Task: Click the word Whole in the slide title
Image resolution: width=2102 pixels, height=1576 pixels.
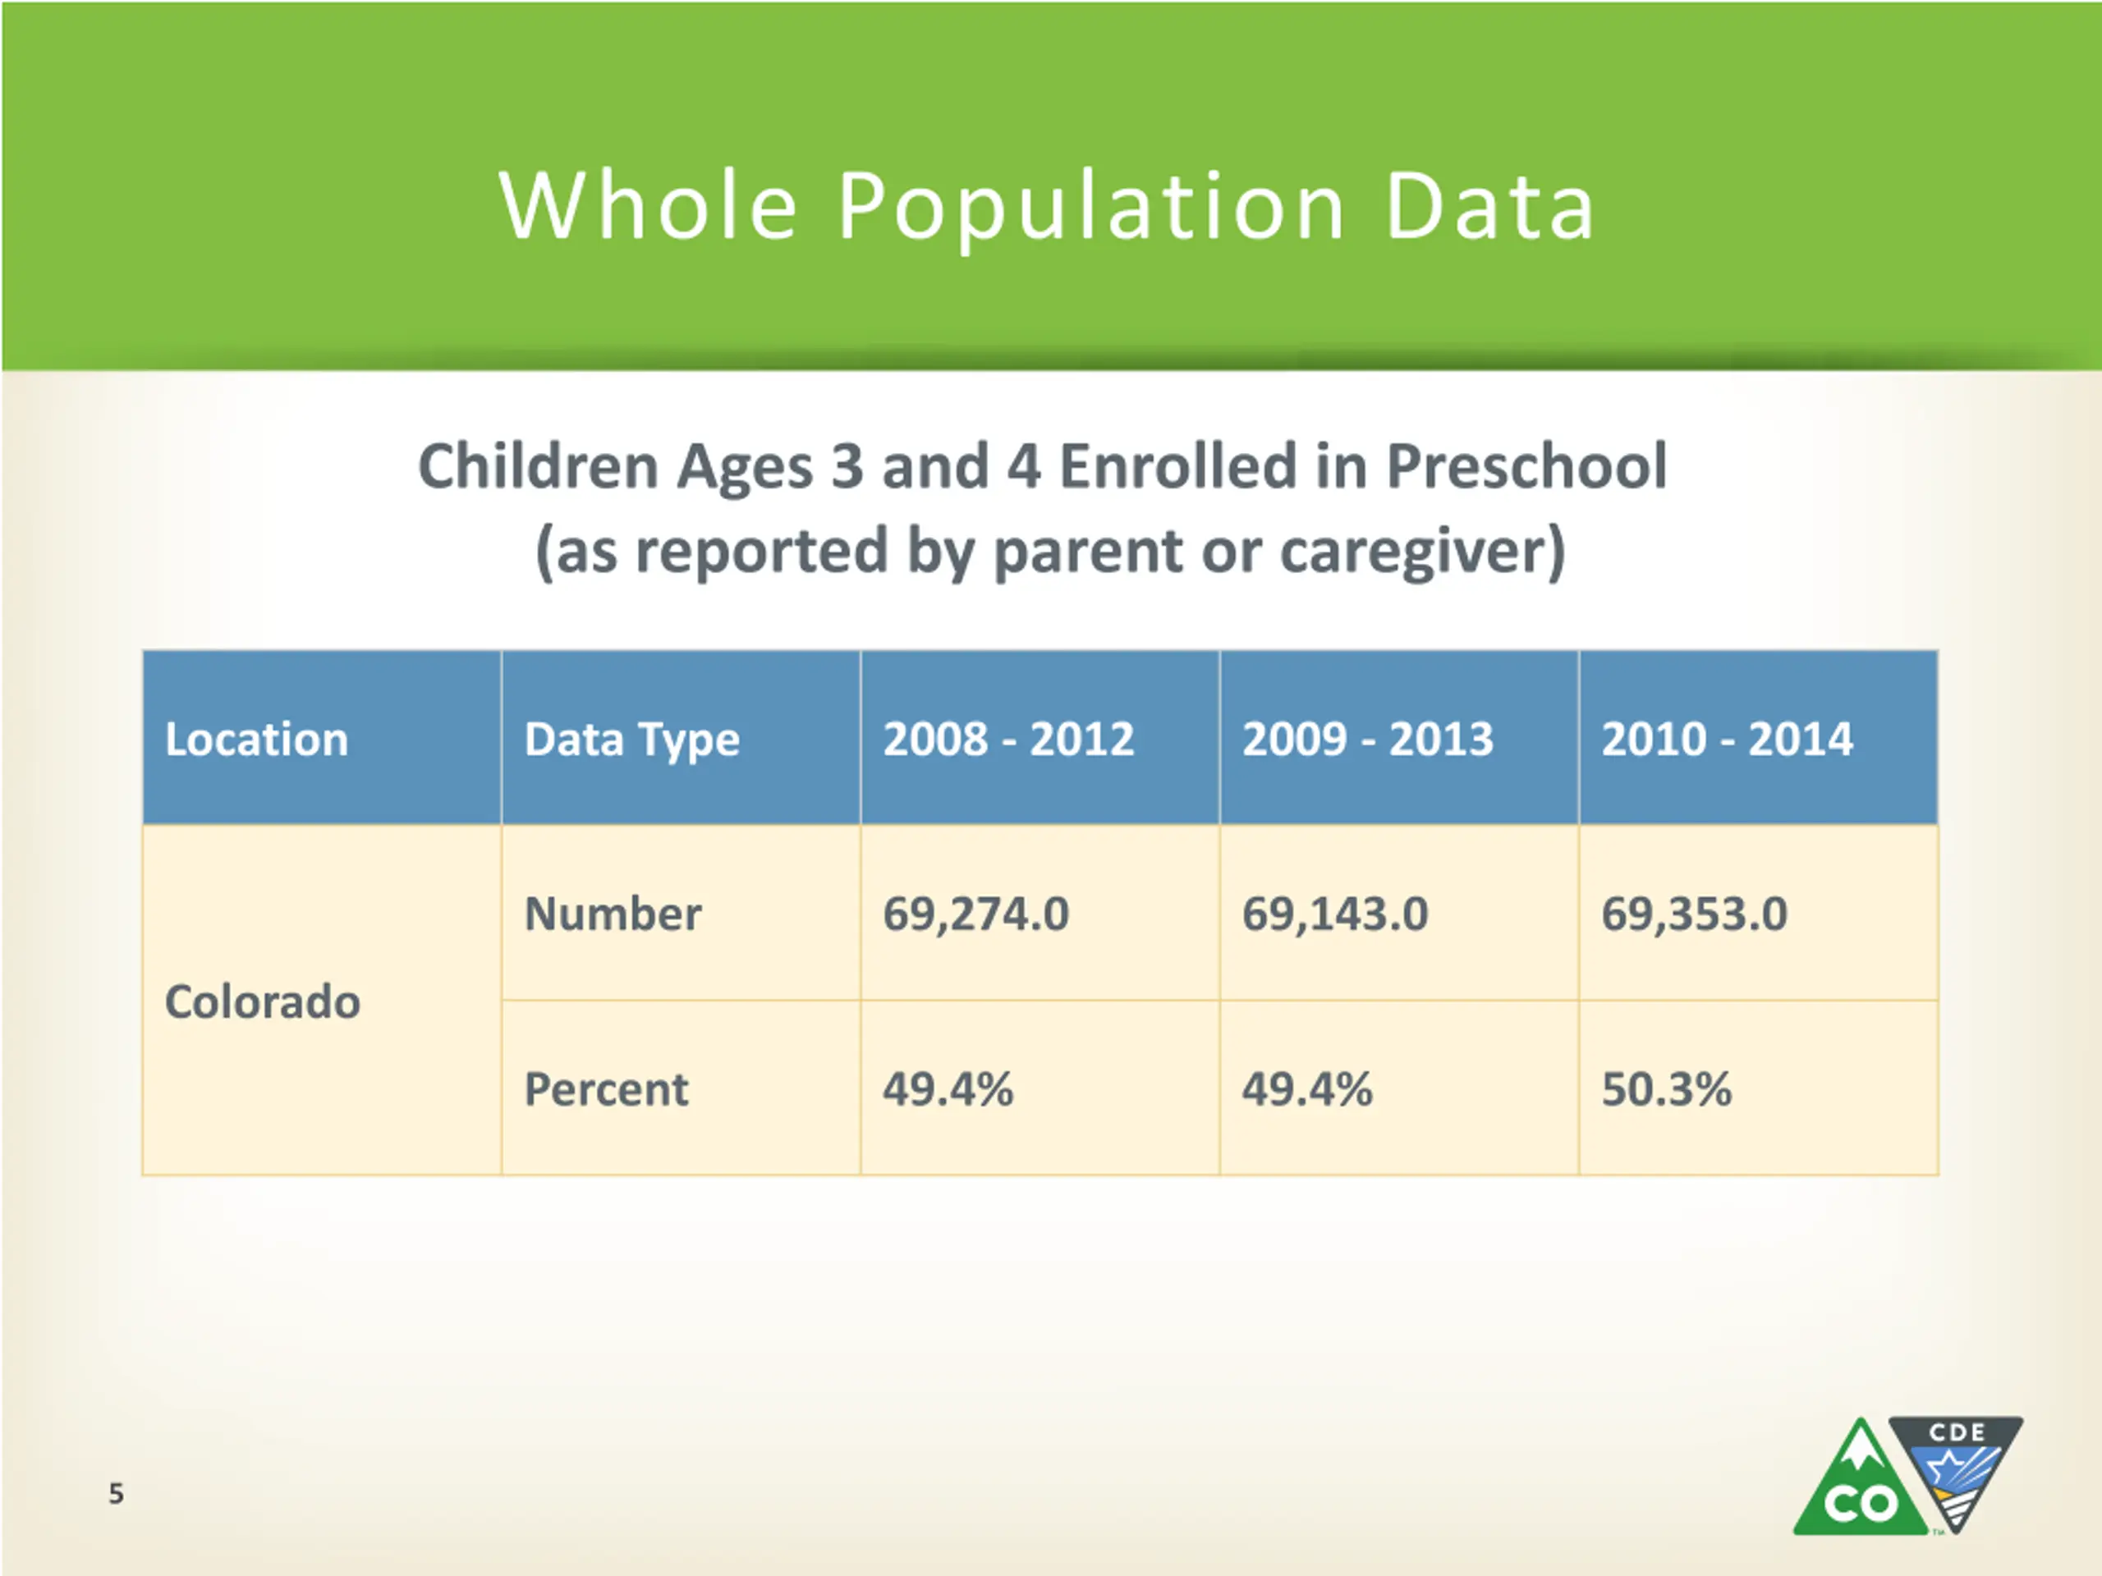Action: coord(648,205)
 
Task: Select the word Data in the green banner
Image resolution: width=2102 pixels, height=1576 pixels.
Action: coord(1490,205)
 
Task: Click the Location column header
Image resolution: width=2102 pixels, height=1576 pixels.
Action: coord(256,739)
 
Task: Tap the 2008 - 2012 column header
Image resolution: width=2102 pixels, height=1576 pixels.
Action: coord(1009,739)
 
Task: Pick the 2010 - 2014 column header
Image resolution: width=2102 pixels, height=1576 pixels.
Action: coord(1728,739)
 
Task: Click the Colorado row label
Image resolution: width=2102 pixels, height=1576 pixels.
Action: coord(262,1001)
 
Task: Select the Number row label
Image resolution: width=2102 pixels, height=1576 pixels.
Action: coord(613,914)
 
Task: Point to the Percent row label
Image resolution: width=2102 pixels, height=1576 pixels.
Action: coord(606,1088)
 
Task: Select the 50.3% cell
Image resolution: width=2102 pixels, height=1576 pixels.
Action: coord(1667,1088)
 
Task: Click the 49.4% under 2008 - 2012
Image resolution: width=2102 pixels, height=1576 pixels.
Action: coord(948,1088)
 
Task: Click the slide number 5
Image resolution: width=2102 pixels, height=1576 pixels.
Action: coord(116,1493)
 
